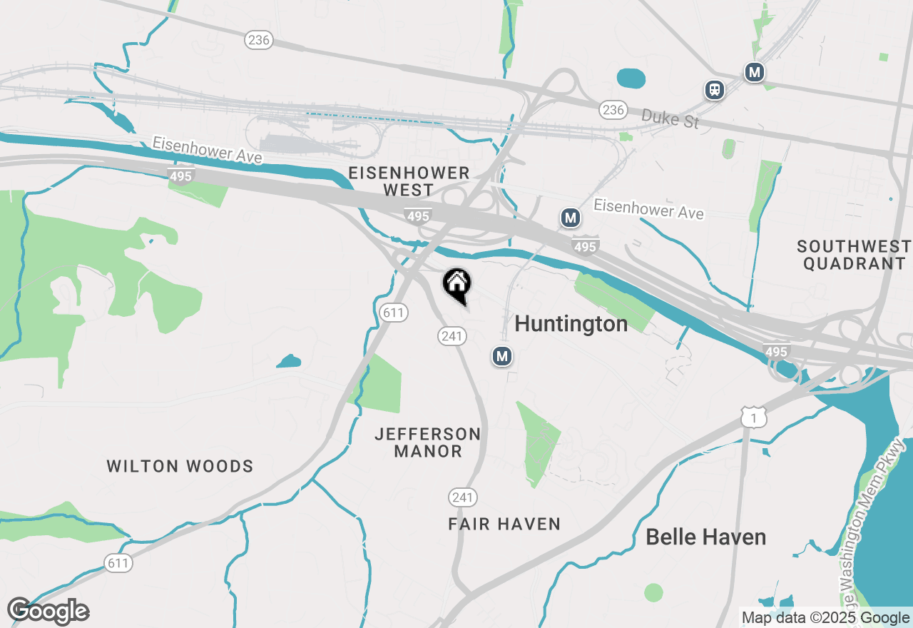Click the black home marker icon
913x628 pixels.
point(456,284)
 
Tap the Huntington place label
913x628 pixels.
point(571,324)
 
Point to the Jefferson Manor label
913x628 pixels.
point(427,442)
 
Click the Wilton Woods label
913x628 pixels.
point(180,467)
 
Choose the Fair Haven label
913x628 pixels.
point(504,525)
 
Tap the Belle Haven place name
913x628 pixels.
point(705,537)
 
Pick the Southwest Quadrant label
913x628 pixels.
point(854,255)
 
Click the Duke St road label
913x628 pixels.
point(670,118)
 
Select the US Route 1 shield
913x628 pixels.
point(753,417)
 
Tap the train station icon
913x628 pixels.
point(715,90)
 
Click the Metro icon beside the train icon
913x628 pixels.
point(754,72)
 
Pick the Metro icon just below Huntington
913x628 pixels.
point(502,355)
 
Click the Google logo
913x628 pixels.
point(48,611)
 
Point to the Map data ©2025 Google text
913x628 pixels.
point(825,618)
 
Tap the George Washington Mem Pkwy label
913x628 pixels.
point(873,514)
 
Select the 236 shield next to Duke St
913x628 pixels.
point(613,110)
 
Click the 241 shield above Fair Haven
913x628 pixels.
point(463,497)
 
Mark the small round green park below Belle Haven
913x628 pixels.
point(653,592)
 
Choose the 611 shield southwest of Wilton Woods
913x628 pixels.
point(118,563)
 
